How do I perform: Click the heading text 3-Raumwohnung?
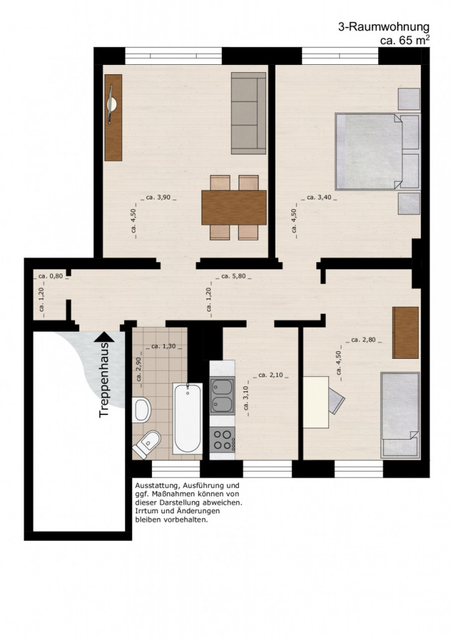tap(384, 27)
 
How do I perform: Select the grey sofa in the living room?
tap(248, 113)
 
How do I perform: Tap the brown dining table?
tap(234, 207)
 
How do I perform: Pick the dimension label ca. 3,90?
tap(159, 198)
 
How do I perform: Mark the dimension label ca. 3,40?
tap(322, 198)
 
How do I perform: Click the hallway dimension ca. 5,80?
tap(236, 276)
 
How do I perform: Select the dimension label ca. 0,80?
tap(50, 276)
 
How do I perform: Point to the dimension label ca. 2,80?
tap(365, 340)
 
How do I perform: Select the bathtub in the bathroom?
tap(187, 419)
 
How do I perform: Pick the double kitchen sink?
tap(222, 396)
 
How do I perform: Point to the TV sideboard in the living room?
tap(113, 117)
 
